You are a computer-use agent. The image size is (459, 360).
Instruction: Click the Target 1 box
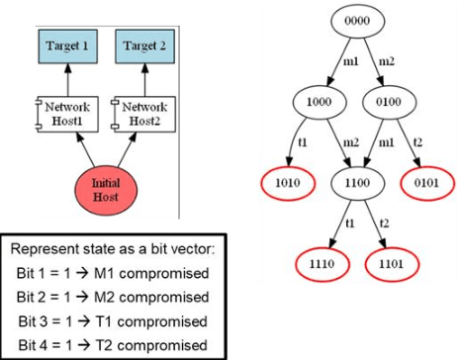[69, 46]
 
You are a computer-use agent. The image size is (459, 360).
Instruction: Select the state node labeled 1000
[318, 102]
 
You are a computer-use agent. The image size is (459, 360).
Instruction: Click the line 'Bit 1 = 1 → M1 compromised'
[115, 273]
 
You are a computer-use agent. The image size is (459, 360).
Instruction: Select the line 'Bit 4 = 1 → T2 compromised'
[115, 344]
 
